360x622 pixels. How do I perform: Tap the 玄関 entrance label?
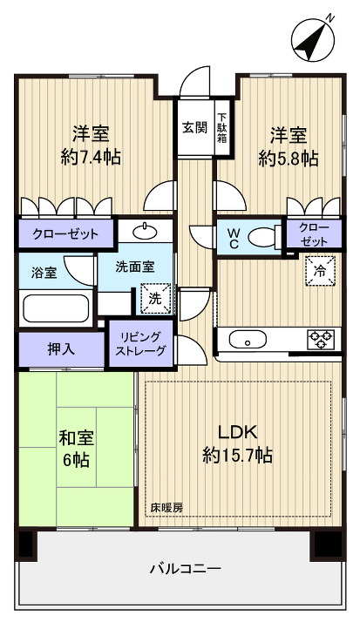(194, 127)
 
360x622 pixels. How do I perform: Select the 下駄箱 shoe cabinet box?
(222, 127)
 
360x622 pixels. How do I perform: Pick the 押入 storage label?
(61, 349)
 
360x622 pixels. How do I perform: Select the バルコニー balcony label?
(184, 568)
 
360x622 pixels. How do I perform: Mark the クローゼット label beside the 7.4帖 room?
(65, 233)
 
